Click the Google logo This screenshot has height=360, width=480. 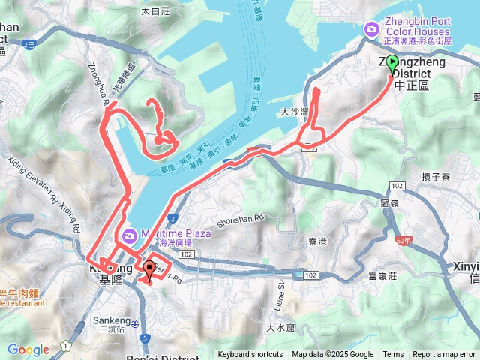28,349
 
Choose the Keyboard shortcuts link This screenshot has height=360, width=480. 250,355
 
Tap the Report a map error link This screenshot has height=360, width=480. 444,355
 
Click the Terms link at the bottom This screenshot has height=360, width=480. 393,355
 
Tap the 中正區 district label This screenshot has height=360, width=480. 410,86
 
